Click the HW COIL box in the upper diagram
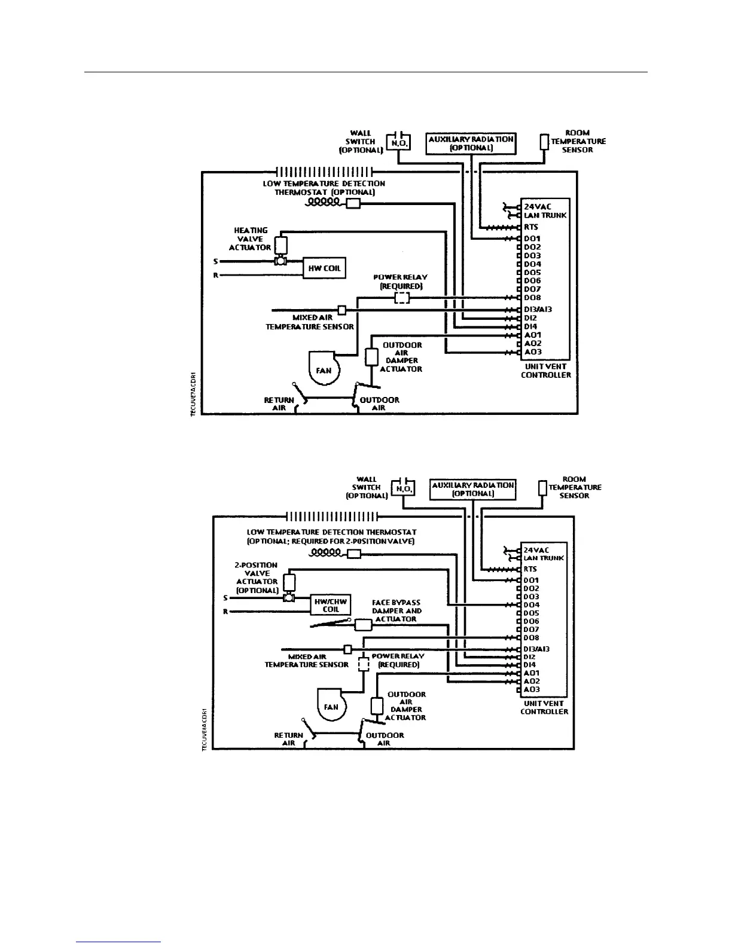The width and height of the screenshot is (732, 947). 324,268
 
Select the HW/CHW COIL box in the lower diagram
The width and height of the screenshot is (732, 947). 331,605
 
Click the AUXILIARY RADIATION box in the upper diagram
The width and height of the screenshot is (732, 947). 471,143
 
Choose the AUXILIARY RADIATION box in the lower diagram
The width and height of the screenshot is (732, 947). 472,489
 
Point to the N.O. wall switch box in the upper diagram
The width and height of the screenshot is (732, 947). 399,143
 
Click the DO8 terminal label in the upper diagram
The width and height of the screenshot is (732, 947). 532,297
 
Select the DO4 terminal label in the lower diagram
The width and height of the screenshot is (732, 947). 531,604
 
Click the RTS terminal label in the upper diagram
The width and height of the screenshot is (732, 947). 531,227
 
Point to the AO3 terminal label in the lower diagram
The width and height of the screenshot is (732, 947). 531,689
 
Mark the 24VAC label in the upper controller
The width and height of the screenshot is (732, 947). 537,206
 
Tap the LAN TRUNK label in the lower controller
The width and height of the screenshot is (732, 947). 544,558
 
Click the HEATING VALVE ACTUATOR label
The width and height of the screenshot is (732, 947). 251,239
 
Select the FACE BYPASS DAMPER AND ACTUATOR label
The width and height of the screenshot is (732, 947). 396,610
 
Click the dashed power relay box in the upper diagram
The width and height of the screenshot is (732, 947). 402,298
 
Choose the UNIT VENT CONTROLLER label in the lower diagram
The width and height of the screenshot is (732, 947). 544,707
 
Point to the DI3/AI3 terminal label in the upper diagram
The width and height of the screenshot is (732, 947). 538,309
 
